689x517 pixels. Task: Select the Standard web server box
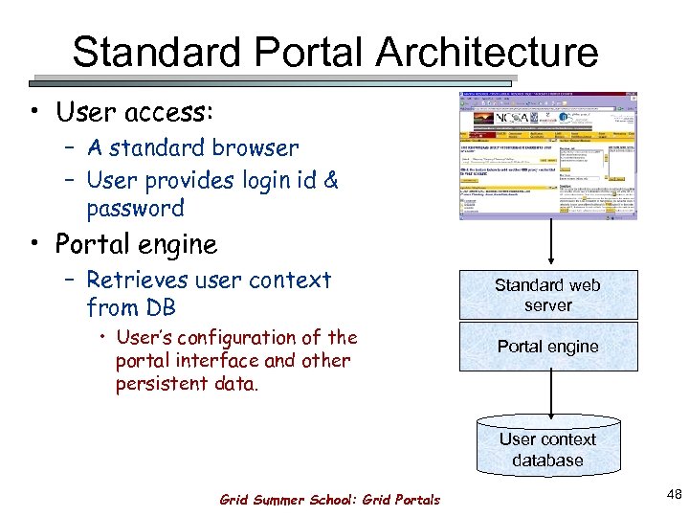click(547, 295)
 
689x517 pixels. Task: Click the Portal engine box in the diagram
click(547, 347)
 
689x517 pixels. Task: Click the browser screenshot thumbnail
click(548, 156)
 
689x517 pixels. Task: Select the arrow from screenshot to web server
click(548, 245)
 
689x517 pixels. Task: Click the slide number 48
click(674, 494)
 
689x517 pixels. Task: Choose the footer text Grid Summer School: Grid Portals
click(330, 499)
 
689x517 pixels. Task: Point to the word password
click(135, 208)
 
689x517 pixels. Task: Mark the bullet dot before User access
click(35, 113)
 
